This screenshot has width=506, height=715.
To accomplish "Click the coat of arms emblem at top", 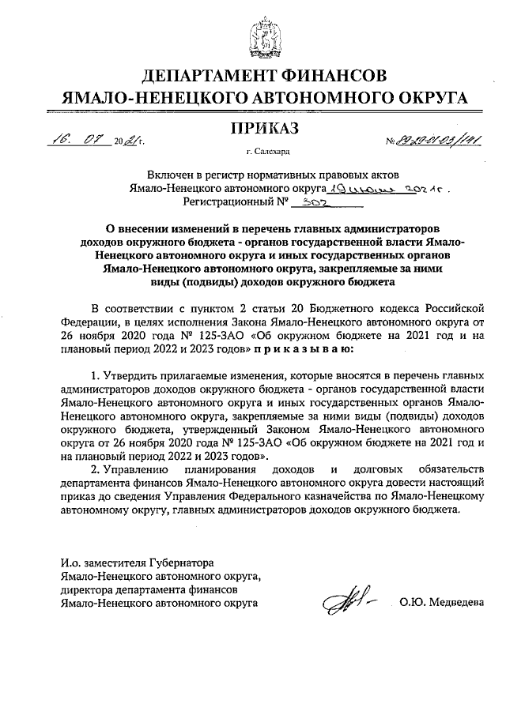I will [253, 36].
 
